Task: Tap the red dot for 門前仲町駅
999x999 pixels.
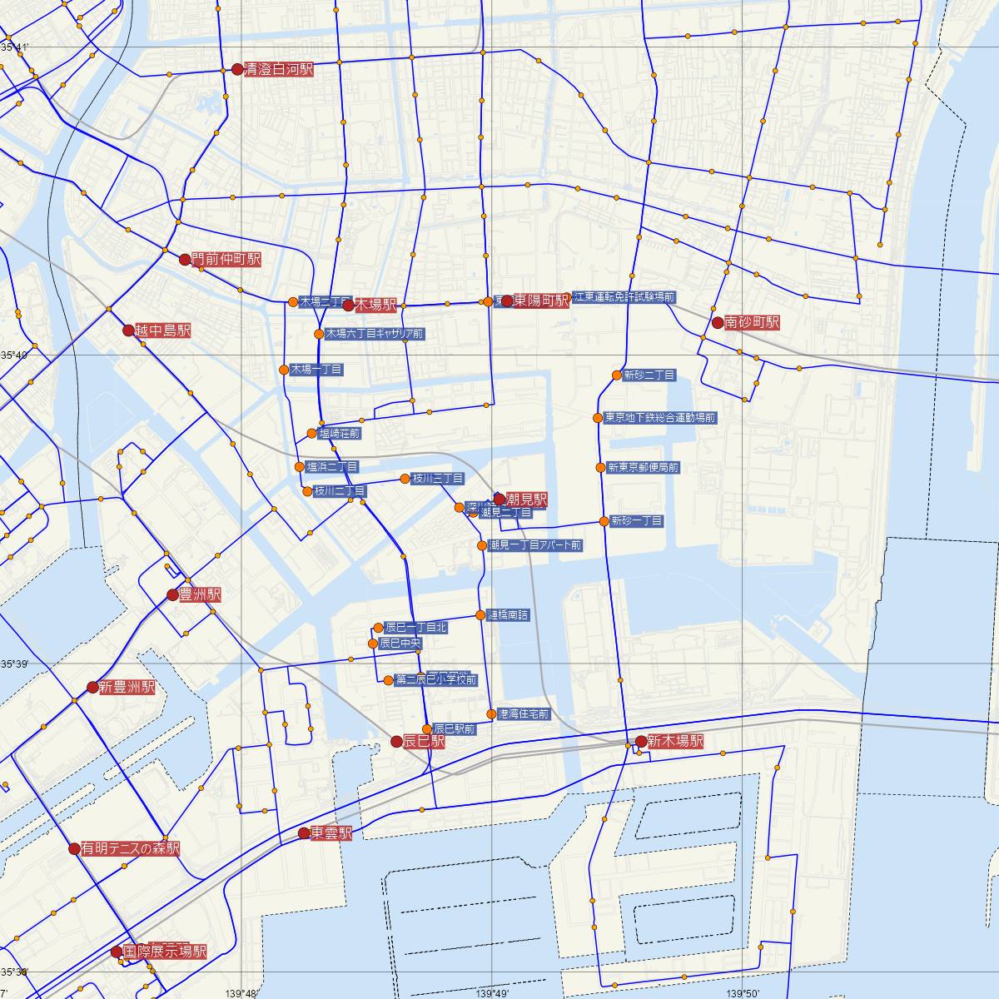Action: point(186,259)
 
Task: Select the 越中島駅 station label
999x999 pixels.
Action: point(163,331)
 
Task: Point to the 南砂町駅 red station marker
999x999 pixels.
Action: point(717,322)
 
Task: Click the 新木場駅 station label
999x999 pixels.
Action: point(675,741)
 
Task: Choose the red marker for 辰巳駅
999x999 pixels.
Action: point(396,741)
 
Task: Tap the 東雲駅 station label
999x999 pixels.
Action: point(331,833)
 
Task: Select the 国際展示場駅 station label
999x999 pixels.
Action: point(165,952)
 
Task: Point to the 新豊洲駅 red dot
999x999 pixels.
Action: point(92,688)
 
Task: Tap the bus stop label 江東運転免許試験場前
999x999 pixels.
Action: point(624,296)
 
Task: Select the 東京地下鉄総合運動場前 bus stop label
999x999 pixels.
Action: point(659,418)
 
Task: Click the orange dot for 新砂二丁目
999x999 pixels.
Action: point(617,375)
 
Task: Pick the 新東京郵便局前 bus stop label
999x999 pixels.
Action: point(643,468)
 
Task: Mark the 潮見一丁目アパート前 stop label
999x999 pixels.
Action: point(535,545)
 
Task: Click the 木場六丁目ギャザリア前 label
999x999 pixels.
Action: point(375,334)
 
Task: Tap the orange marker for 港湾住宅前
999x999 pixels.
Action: point(491,714)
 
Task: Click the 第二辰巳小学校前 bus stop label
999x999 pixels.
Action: point(435,680)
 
